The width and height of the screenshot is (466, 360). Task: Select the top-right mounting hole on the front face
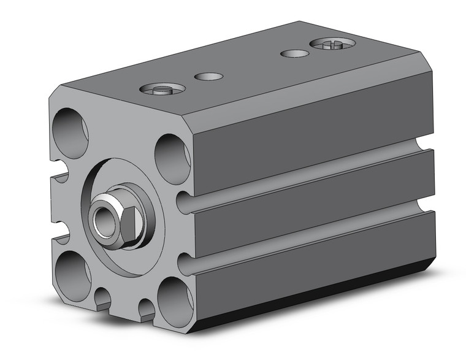pyautogui.click(x=172, y=158)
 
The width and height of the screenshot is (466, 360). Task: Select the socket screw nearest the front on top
pyautogui.click(x=162, y=90)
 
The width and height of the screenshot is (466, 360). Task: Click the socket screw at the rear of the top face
pyautogui.click(x=332, y=44)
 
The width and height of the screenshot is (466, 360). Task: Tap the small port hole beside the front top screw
pyautogui.click(x=208, y=77)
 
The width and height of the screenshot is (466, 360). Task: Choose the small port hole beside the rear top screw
pyautogui.click(x=294, y=53)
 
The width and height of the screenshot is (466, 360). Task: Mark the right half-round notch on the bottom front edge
pyautogui.click(x=146, y=308)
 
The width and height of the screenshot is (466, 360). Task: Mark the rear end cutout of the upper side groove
pyautogui.click(x=426, y=148)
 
